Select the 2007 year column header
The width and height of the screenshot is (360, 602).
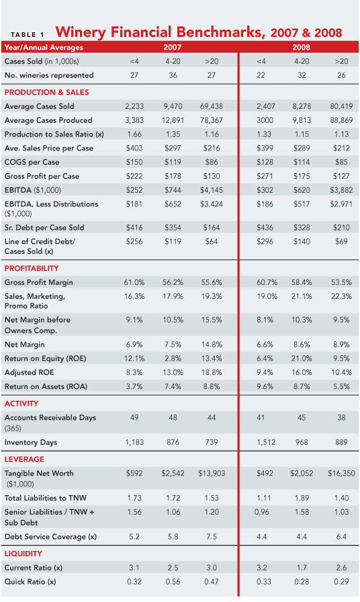pyautogui.click(x=173, y=47)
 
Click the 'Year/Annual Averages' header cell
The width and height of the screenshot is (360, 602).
pyautogui.click(x=44, y=47)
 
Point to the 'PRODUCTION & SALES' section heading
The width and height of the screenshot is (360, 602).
pyautogui.click(x=46, y=92)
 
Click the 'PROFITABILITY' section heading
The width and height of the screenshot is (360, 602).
pyautogui.click(x=33, y=268)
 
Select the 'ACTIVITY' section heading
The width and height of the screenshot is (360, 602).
pyautogui.click(x=22, y=404)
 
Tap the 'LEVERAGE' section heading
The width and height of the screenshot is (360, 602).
pyautogui.click(x=24, y=460)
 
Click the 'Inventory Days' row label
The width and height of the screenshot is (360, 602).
pyautogui.click(x=31, y=442)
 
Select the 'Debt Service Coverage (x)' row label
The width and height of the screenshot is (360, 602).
pyautogui.click(x=50, y=536)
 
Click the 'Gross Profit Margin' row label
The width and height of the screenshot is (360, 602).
pyautogui.click(x=39, y=282)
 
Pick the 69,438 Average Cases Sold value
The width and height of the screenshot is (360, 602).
pyautogui.click(x=212, y=106)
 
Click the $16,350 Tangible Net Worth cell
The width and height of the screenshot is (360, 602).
pyautogui.click(x=341, y=474)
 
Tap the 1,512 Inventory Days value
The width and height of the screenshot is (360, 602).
pyautogui.click(x=265, y=442)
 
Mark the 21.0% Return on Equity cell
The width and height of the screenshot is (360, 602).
pyautogui.click(x=303, y=358)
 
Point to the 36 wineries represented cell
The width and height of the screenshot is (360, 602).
pyautogui.click(x=173, y=76)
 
